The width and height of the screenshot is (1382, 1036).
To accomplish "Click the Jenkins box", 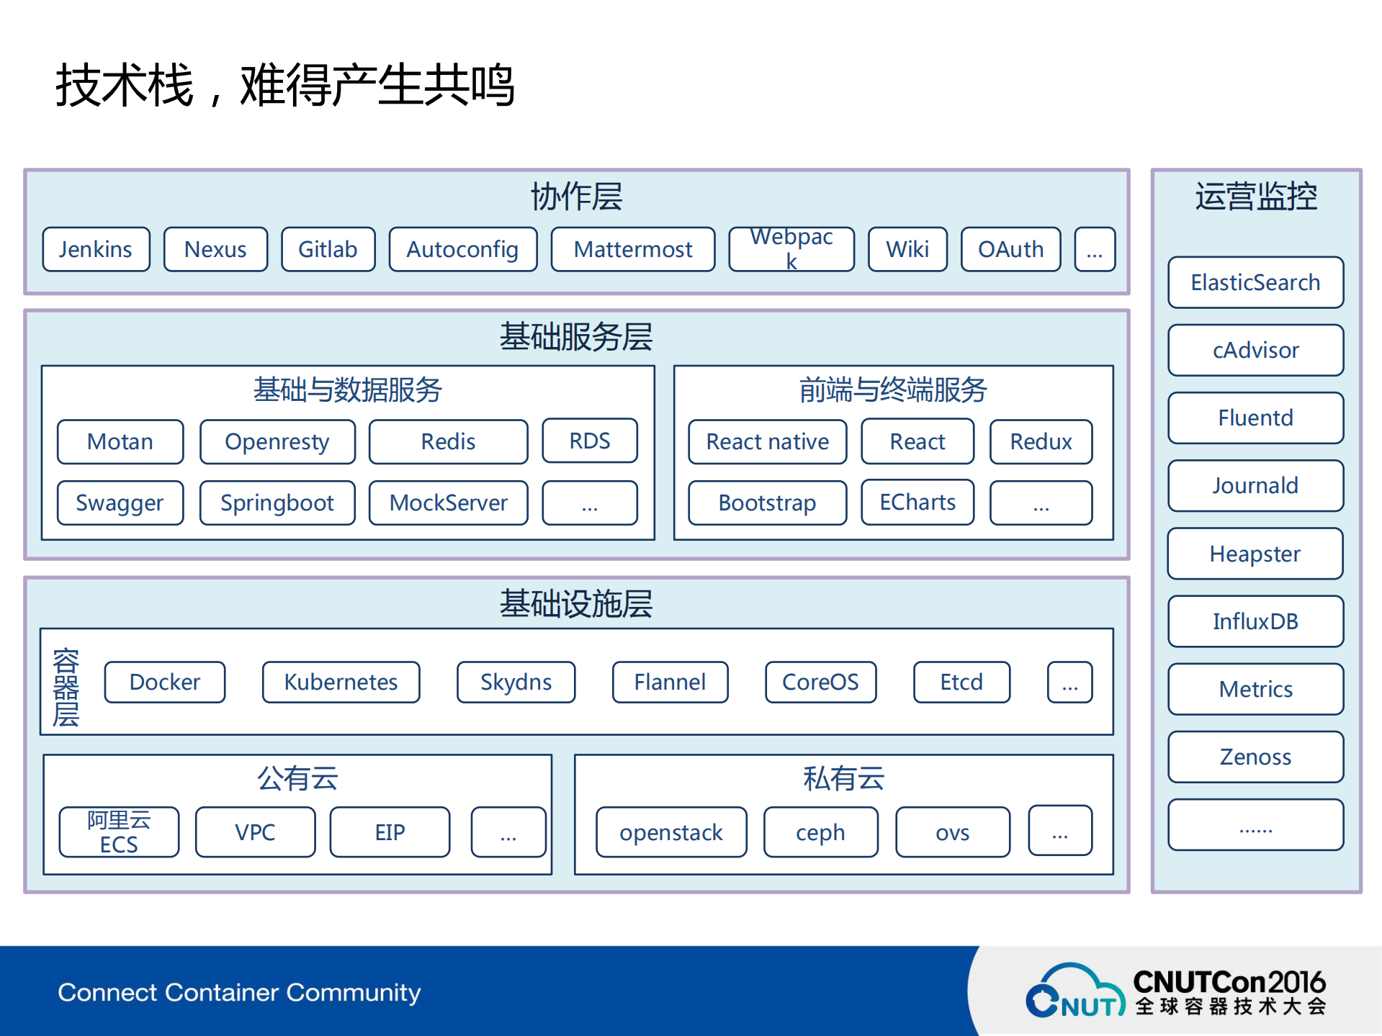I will point(96,249).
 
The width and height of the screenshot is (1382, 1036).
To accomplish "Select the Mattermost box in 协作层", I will point(632,249).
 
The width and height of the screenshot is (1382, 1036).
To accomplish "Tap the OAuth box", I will point(1010,249).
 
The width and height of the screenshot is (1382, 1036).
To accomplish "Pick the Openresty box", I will point(277,441).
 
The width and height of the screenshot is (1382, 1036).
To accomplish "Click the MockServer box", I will point(448,503).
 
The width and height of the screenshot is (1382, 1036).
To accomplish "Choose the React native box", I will point(767,441).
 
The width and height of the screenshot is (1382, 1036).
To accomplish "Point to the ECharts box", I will point(917,502).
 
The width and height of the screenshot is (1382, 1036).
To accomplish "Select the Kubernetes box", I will point(341,682).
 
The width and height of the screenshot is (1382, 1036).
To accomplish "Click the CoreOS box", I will point(820,682).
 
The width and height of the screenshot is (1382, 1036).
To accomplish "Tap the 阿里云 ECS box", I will point(119,832).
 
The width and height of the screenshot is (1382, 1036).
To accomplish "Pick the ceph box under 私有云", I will point(820,832).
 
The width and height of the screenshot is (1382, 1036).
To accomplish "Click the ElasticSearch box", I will point(1255,282).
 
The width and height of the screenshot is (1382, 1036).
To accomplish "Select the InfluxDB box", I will point(1255,621).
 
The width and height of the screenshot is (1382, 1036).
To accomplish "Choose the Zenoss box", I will point(1255,757).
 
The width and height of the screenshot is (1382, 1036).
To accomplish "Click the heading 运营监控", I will point(1256,197).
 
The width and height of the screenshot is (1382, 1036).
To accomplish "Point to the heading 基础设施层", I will point(576,603).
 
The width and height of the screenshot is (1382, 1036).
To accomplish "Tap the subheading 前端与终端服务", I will point(893,389).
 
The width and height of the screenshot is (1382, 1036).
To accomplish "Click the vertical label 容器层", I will point(66,687).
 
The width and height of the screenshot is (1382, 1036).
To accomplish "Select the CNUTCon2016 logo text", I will point(1229,982).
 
